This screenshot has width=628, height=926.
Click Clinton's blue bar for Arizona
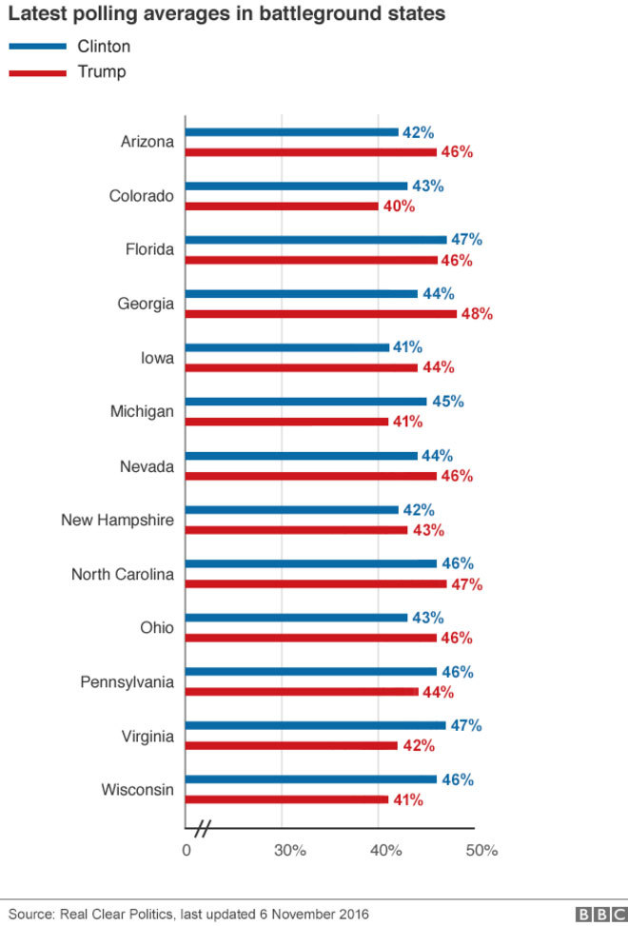[x=291, y=132]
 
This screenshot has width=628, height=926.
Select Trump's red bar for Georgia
[x=321, y=313]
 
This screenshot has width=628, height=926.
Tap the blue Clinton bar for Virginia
[x=315, y=725]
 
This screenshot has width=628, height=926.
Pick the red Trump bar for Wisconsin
[x=286, y=799]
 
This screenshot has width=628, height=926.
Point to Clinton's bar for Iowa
[x=286, y=347]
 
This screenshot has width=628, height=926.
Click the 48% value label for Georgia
[x=476, y=313]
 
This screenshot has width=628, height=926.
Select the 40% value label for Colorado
[x=399, y=206]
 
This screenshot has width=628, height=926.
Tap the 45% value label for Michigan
[x=447, y=402]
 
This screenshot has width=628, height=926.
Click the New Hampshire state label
[x=117, y=521]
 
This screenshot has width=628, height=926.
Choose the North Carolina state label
[x=123, y=574]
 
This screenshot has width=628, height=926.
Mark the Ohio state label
[x=157, y=628]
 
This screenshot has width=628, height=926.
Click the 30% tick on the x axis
[x=289, y=850]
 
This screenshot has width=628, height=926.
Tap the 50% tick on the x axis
[x=481, y=850]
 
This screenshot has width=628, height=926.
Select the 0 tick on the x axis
[x=186, y=850]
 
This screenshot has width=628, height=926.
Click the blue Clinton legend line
[x=37, y=47]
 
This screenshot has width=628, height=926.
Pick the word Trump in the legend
[x=102, y=71]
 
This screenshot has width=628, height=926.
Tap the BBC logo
[x=596, y=914]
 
